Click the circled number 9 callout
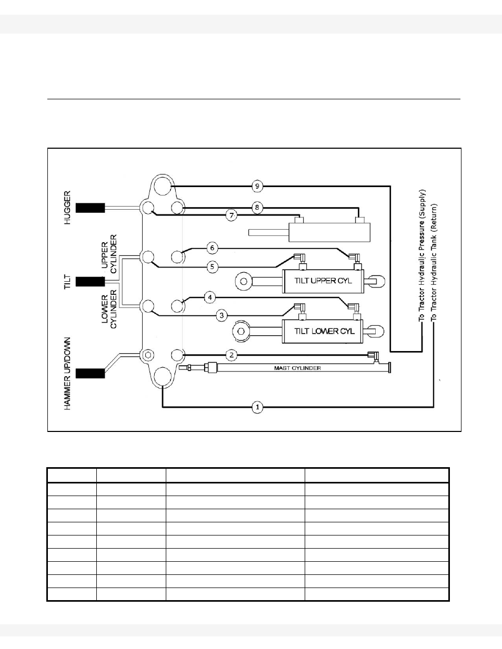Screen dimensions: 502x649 [x=257, y=186]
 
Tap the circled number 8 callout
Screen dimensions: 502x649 [x=257, y=208]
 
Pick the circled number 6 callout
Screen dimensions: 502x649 [x=212, y=248]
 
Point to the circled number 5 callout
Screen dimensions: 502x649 [x=212, y=267]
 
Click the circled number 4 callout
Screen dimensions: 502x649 [x=210, y=297]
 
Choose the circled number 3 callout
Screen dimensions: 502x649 [x=223, y=315]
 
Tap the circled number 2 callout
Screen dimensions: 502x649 [x=231, y=355]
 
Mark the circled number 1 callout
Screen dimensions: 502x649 [x=257, y=407]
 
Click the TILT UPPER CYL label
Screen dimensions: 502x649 [x=323, y=281]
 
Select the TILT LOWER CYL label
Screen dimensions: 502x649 [x=324, y=331]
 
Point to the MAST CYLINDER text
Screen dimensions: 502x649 [x=297, y=368]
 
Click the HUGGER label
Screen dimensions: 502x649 [x=67, y=208]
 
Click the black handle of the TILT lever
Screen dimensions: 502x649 [x=91, y=282]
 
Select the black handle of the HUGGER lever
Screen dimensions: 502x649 [x=91, y=208]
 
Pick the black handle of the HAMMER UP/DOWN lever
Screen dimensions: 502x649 [x=91, y=374]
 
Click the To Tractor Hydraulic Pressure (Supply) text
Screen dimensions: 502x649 [x=422, y=256]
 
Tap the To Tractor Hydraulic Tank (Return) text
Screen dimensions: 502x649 [x=434, y=263]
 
